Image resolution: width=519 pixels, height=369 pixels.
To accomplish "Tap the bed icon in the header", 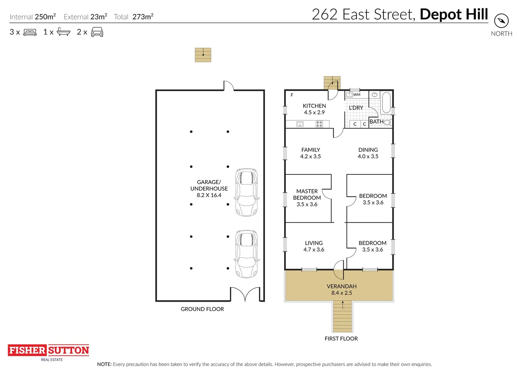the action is (30, 32).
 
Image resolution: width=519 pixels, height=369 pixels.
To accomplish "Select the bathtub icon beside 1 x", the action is (63, 32).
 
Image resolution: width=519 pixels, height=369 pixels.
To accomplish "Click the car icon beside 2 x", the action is (97, 32).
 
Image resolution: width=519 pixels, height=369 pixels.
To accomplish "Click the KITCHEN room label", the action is (314, 106).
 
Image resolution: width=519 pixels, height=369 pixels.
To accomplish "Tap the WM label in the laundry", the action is (357, 95).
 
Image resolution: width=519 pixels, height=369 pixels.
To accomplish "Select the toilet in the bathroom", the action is (388, 122).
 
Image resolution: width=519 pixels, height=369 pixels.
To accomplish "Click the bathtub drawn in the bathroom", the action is (386, 102).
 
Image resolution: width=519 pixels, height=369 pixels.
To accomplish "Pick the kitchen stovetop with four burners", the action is (319, 124).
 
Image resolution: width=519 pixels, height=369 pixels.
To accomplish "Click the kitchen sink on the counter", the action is (300, 124).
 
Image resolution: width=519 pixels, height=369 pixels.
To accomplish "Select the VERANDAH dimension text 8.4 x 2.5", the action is (342, 293).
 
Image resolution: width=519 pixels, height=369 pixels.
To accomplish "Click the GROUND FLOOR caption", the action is (202, 309).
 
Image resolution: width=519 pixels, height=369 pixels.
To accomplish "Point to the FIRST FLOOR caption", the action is (341, 339).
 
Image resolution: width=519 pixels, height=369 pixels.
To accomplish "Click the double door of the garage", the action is (245, 294).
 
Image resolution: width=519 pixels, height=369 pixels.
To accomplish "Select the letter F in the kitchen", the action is (292, 95).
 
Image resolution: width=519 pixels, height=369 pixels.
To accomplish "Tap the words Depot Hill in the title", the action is (454, 14).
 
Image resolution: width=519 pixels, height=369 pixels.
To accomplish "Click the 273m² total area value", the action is (143, 17).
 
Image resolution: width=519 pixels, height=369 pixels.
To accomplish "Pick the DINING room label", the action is (368, 150).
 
